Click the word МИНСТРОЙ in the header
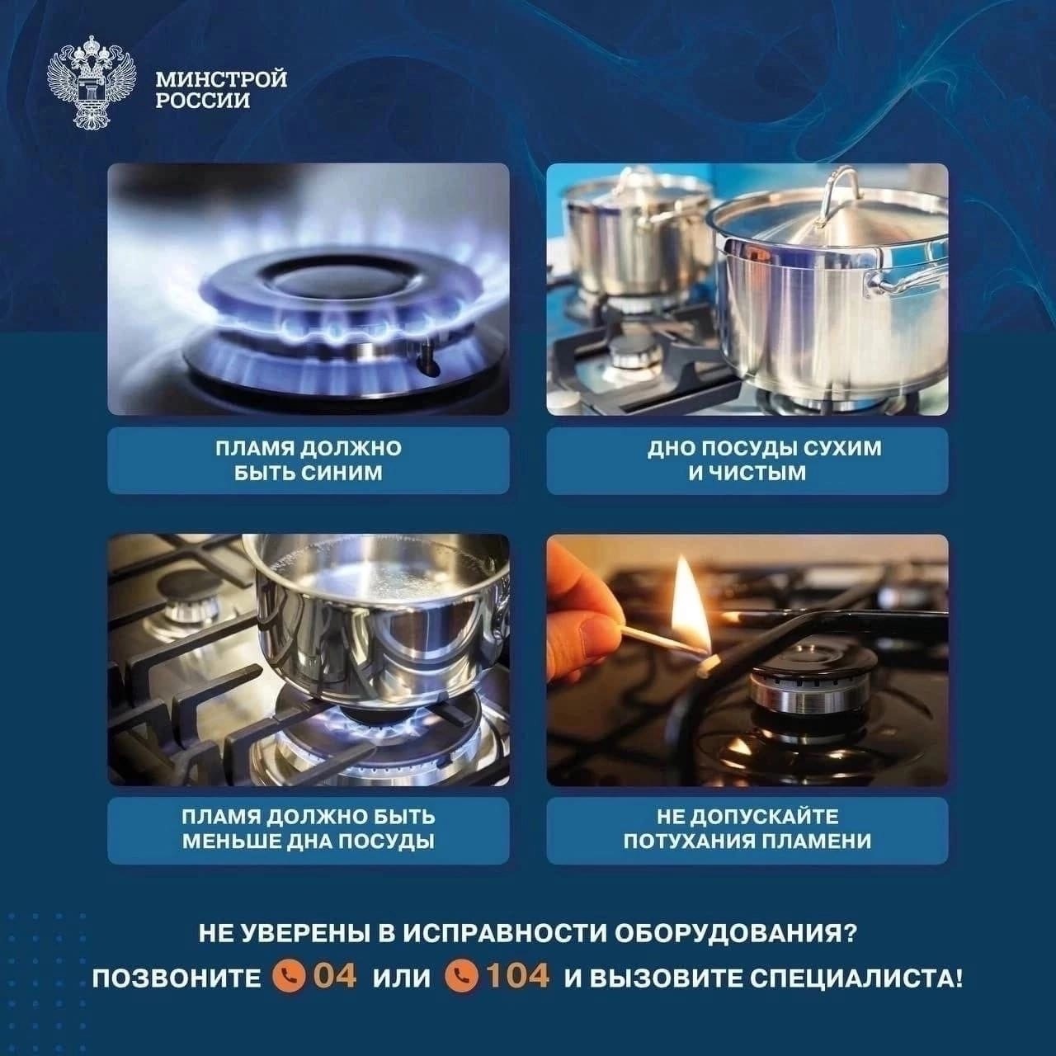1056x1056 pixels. point(221,79)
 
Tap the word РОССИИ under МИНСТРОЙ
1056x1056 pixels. point(203,101)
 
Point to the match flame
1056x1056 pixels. point(690,606)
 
